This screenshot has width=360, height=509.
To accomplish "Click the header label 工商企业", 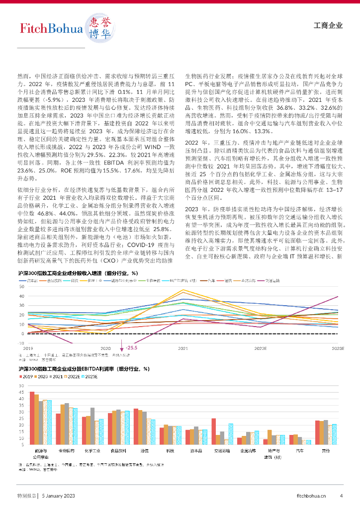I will (329, 26).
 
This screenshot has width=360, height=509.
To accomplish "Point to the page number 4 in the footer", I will (341, 495).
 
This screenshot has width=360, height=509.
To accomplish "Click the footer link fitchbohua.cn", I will (312, 495).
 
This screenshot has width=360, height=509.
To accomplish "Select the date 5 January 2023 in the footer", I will (58, 495).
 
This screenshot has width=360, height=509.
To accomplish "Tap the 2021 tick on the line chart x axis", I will (183, 349).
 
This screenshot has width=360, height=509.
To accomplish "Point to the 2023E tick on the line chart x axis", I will (338, 349).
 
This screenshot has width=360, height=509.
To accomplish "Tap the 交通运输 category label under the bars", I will (222, 451).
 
